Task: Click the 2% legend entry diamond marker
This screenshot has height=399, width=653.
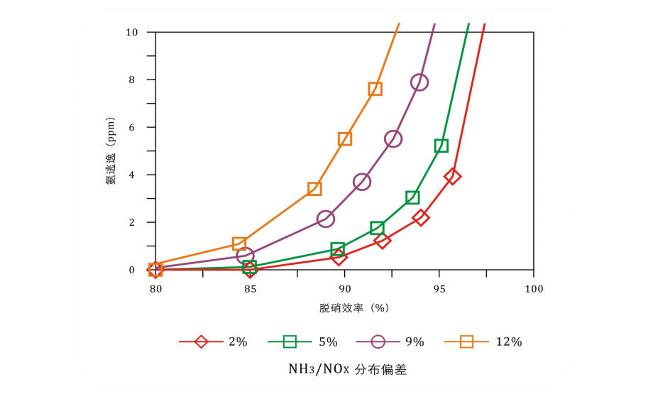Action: point(201,341)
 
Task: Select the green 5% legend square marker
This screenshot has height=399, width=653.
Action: point(290,341)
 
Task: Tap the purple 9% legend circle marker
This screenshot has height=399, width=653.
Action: point(378,341)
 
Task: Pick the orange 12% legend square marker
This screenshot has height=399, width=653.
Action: point(466,341)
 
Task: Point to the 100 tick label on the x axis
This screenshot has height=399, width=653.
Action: point(534,289)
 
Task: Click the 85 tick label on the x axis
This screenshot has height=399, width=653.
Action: point(250,289)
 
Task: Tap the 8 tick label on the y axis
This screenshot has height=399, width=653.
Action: point(131,80)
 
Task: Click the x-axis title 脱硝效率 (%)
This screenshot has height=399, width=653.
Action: point(354,308)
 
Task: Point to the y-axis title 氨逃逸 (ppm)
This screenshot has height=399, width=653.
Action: point(111,151)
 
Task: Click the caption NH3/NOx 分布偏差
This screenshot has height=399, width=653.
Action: point(347,369)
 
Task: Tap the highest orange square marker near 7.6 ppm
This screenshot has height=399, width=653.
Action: point(375,89)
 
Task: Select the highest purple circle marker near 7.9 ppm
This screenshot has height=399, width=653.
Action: point(419,82)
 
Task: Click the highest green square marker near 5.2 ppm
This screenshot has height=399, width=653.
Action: point(441,146)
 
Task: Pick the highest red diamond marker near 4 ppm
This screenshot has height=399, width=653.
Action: point(452,176)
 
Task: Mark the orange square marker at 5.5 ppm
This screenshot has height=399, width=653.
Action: point(345,139)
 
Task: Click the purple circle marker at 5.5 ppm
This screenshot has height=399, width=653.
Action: point(393,139)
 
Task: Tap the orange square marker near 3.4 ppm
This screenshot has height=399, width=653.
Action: point(314,189)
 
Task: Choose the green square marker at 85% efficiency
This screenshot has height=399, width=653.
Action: point(249,267)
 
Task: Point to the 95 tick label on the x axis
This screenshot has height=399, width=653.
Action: point(439,289)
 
